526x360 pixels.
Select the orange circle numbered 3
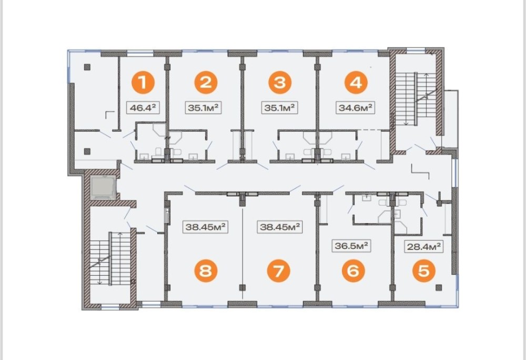[x=279, y=82]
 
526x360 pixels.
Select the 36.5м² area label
[x=350, y=245]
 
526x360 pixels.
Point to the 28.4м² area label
[x=422, y=245]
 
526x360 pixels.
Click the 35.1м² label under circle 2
[x=204, y=108]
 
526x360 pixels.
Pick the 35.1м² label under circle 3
[x=279, y=108]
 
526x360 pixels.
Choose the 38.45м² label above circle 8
[x=205, y=227]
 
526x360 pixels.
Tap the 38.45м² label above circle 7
[x=279, y=227]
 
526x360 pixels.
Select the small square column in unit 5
[x=439, y=287]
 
